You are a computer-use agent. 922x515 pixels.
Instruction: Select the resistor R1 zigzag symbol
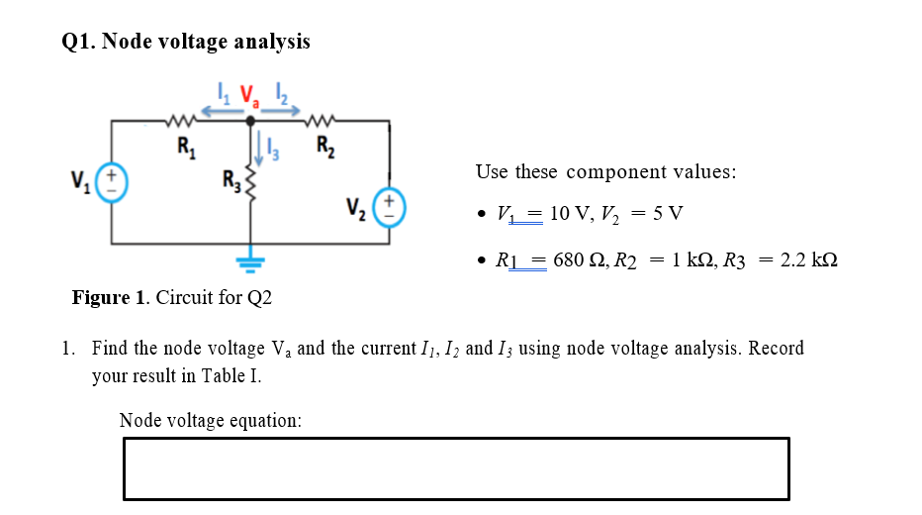(x=184, y=121)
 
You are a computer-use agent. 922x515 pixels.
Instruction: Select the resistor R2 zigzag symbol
(x=323, y=121)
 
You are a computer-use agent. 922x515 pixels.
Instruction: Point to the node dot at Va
(x=249, y=121)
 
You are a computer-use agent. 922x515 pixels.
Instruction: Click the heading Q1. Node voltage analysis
(x=186, y=42)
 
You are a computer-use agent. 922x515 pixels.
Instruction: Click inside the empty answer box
(x=456, y=468)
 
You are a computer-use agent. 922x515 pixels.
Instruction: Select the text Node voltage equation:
(x=210, y=421)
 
